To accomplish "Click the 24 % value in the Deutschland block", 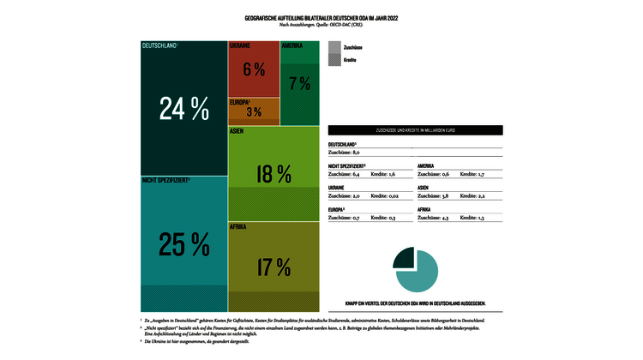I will point(183,109).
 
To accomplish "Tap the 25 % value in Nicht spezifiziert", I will point(183,245).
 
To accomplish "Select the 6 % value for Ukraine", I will point(253,69).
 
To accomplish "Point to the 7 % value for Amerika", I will point(299,83).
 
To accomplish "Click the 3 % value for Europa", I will point(253,112).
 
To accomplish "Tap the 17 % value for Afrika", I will point(273,267).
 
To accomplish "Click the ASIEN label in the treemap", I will point(237,132).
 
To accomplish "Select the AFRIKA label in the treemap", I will point(238,226).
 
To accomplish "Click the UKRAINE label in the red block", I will point(240,45).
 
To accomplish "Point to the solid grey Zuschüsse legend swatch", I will point(334,47).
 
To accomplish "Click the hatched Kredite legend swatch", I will point(334,61).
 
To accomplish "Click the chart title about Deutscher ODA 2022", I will point(321,17).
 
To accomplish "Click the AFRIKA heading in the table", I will point(424,209).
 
